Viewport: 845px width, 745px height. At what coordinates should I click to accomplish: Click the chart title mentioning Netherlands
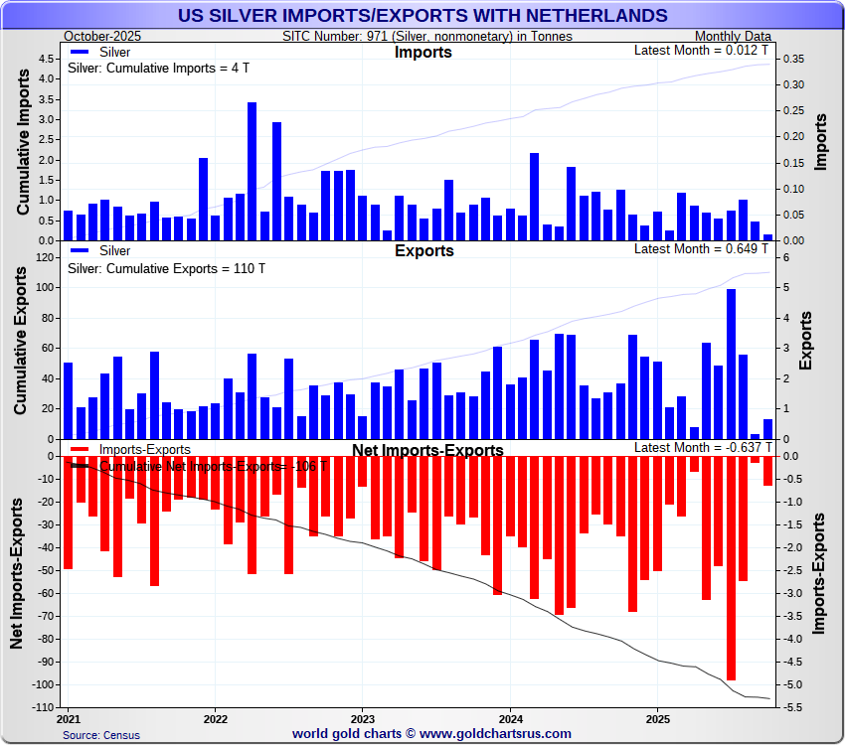pos(422,16)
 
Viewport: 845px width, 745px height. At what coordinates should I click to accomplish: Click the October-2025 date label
pos(102,36)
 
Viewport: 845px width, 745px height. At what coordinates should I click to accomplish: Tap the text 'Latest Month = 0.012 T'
pos(702,50)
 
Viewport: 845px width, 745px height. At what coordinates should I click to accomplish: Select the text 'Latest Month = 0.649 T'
pos(702,248)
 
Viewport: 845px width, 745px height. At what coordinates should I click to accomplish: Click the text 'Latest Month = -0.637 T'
pos(700,448)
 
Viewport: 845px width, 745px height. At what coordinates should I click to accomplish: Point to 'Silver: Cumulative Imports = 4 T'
pos(158,69)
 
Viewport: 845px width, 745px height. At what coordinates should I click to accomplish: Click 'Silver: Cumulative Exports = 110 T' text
pos(166,268)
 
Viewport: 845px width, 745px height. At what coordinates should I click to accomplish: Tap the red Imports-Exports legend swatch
pos(81,450)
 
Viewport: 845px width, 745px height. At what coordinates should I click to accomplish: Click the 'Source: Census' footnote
pos(101,735)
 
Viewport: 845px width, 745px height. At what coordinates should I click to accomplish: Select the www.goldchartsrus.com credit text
pos(431,734)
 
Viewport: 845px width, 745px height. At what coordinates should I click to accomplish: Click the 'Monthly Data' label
pos(731,36)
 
